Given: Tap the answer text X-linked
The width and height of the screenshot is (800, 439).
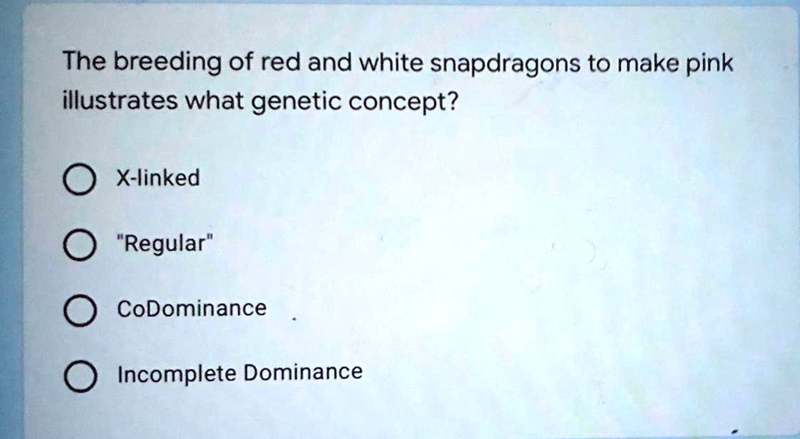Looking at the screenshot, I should tap(158, 179).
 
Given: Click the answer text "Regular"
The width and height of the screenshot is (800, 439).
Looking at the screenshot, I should tap(164, 244).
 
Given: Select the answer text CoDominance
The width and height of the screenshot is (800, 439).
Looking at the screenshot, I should tap(191, 309).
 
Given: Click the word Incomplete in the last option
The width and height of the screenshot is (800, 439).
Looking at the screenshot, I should tap(177, 374).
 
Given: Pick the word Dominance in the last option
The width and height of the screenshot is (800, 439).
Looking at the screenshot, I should tap(303, 373).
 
